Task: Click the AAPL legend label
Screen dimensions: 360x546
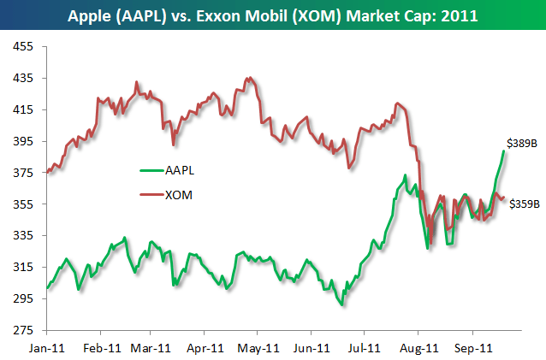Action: click(181, 169)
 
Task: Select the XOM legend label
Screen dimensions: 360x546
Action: click(180, 195)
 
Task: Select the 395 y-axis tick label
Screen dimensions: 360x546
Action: click(23, 141)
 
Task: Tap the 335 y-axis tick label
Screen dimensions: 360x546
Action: click(23, 236)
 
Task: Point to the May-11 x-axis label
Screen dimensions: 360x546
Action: click(258, 348)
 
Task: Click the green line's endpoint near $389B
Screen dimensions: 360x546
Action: click(503, 151)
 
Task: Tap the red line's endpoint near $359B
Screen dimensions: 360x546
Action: click(503, 198)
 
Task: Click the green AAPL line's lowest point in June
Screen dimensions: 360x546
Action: click(342, 304)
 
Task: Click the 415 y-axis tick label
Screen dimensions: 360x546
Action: click(23, 109)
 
